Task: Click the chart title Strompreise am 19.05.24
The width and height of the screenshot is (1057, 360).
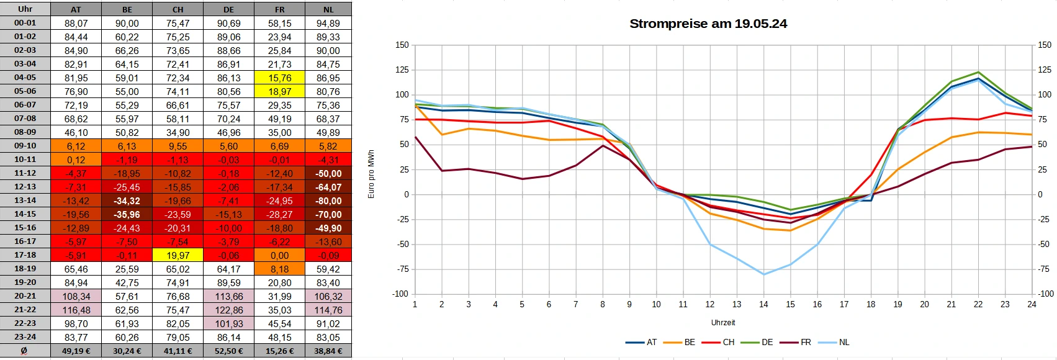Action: [x=708, y=24]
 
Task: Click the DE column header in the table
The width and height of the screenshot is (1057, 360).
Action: [x=228, y=9]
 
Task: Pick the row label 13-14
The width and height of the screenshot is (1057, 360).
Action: [x=25, y=200]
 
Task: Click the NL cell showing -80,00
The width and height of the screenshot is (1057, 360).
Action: [x=328, y=200]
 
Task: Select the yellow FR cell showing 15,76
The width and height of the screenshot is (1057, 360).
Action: [x=279, y=78]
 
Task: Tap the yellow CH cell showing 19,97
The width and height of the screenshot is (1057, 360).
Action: [x=178, y=255]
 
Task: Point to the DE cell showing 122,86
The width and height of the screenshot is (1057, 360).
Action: [x=228, y=310]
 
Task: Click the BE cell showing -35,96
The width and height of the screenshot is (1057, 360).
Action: [x=127, y=214]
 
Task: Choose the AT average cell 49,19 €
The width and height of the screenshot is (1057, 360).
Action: [x=76, y=351]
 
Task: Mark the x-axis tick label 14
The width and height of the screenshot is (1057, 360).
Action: [x=763, y=304]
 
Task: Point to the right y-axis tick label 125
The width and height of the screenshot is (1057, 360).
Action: [x=1045, y=70]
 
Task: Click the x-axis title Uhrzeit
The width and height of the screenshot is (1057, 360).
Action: [x=723, y=323]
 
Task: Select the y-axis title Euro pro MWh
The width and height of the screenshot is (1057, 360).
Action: [x=371, y=174]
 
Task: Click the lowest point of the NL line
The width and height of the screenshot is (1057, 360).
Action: [x=763, y=274]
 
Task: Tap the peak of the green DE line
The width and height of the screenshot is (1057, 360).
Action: [x=978, y=72]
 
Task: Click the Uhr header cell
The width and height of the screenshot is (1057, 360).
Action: [x=25, y=9]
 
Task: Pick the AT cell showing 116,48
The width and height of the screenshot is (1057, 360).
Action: [x=76, y=310]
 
